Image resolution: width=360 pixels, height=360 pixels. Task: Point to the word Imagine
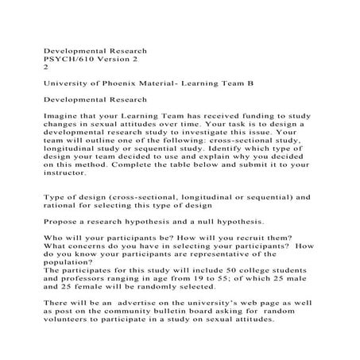[61, 115]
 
